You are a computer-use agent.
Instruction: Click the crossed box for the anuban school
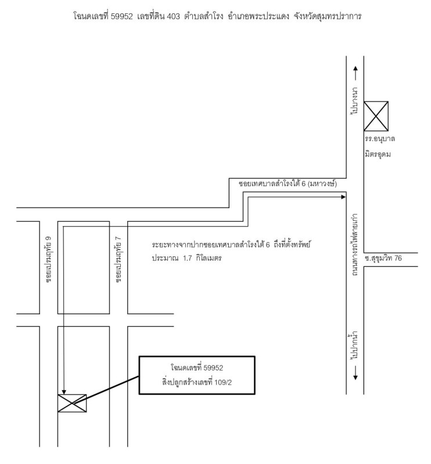(x=376, y=116)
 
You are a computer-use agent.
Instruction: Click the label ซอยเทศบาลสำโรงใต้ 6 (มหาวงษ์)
(x=288, y=184)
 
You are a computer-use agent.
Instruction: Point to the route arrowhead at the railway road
(x=342, y=197)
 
